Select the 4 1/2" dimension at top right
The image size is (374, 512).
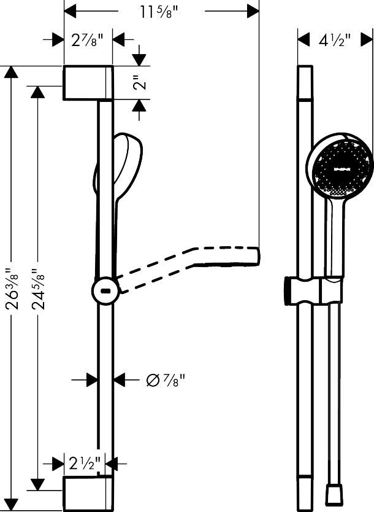[x=335, y=41]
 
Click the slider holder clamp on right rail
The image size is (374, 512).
[x=313, y=290]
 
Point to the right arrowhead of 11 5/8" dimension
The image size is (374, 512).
[x=253, y=10]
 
